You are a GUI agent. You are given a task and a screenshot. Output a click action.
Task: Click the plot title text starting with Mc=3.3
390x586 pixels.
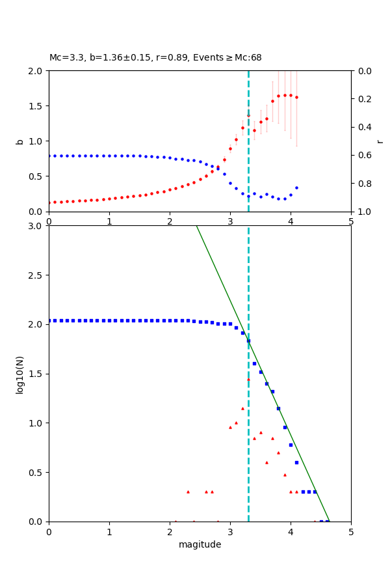[x=155, y=58]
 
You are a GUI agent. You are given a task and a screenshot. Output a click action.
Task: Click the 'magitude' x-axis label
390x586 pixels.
[x=200, y=544]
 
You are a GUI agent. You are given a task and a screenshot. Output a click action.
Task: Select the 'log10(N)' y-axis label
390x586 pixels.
[x=20, y=374]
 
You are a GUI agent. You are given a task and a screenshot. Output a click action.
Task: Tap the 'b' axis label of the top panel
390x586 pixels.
[x=20, y=141]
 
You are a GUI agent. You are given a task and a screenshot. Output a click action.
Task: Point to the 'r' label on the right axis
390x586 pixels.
[x=380, y=141]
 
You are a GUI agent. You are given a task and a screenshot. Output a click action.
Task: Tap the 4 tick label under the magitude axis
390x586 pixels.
[x=291, y=531]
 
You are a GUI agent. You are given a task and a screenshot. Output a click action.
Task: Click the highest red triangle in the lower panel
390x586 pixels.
[x=248, y=379]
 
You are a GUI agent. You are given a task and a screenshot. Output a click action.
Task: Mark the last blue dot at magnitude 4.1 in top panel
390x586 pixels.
[x=296, y=188]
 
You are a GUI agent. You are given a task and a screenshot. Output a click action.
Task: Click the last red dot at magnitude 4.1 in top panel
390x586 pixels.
[x=296, y=97]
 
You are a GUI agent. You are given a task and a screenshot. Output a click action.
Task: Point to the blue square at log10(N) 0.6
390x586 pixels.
[x=296, y=462]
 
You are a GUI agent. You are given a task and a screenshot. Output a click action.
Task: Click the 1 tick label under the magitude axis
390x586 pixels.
[x=109, y=531]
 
